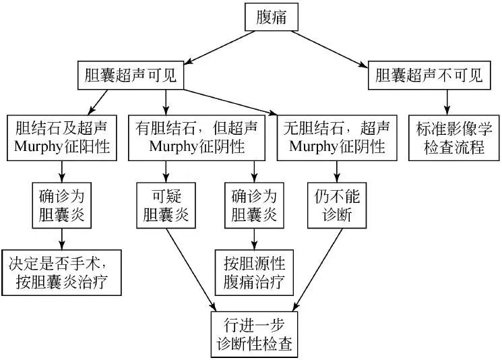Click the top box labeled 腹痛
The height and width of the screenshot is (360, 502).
tap(271, 18)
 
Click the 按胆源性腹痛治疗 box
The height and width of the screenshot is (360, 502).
tap(254, 272)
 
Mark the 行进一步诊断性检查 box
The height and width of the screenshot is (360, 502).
tap(254, 333)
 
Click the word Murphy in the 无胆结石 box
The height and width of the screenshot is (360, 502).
tap(316, 146)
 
